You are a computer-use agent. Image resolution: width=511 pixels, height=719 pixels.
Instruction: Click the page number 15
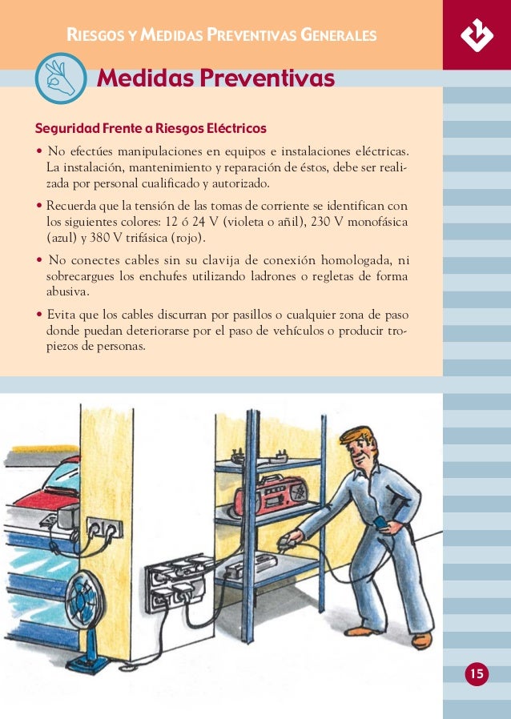pos(477,673)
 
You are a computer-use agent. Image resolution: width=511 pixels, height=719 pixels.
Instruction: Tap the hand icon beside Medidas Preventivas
pos(61,79)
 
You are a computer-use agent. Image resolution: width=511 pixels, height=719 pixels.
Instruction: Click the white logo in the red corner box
pos(477,34)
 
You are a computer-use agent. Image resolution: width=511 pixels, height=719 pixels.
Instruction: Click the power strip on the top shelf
pos(260,458)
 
